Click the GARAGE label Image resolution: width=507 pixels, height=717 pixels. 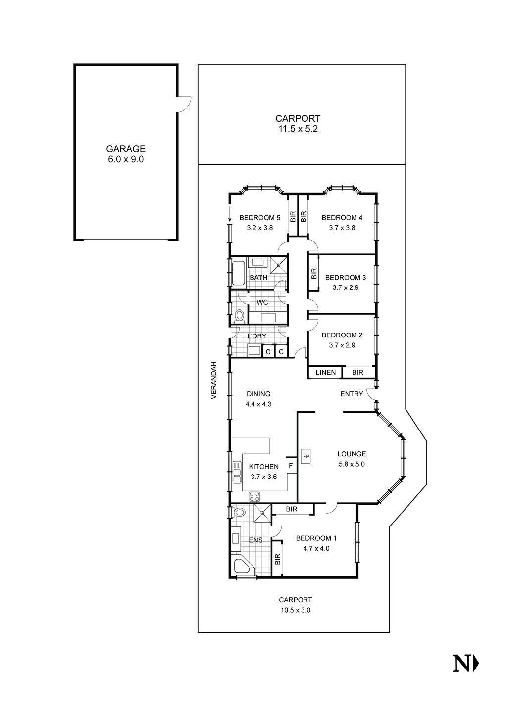click(x=125, y=148)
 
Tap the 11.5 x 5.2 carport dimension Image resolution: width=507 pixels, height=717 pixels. click(x=298, y=129)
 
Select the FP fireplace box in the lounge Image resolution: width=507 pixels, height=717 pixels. click(x=306, y=456)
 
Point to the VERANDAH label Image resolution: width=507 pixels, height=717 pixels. click(x=214, y=380)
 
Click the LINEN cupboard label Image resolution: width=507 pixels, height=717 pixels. click(x=325, y=372)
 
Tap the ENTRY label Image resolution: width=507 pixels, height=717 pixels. click(x=352, y=394)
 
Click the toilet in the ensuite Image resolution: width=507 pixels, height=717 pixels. click(x=240, y=512)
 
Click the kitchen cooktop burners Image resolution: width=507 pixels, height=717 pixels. click(x=254, y=496)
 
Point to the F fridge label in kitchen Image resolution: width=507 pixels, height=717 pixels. click(x=291, y=466)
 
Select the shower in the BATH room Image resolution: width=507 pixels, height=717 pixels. click(x=279, y=264)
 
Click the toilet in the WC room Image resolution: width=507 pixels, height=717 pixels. click(x=240, y=315)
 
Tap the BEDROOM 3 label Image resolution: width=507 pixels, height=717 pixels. click(x=345, y=277)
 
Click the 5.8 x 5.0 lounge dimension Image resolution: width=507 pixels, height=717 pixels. click(x=352, y=464)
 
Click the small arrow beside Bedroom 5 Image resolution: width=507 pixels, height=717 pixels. click(x=230, y=214)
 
